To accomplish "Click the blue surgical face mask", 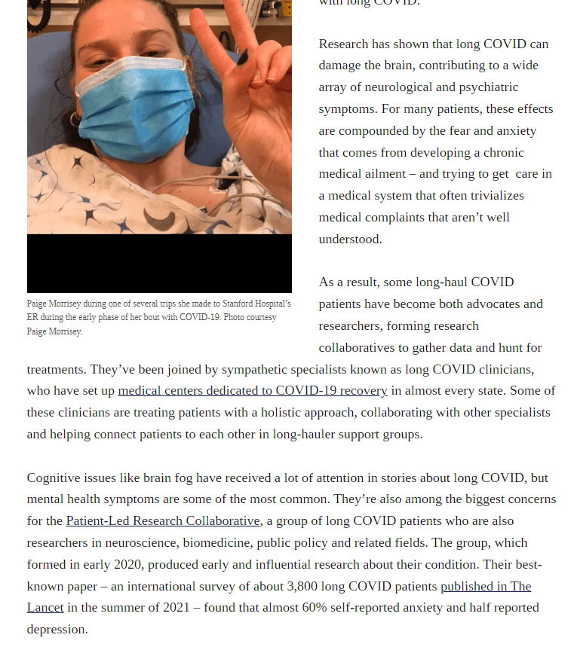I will (136, 113).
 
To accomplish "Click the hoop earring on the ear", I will (74, 120).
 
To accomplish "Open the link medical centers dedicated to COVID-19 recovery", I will (253, 391).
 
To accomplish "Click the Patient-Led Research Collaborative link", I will (163, 521).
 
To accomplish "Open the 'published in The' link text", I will (486, 586).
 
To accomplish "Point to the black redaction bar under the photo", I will (159, 263).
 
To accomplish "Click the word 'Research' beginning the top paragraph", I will (344, 44).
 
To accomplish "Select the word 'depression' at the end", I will (57, 630).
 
